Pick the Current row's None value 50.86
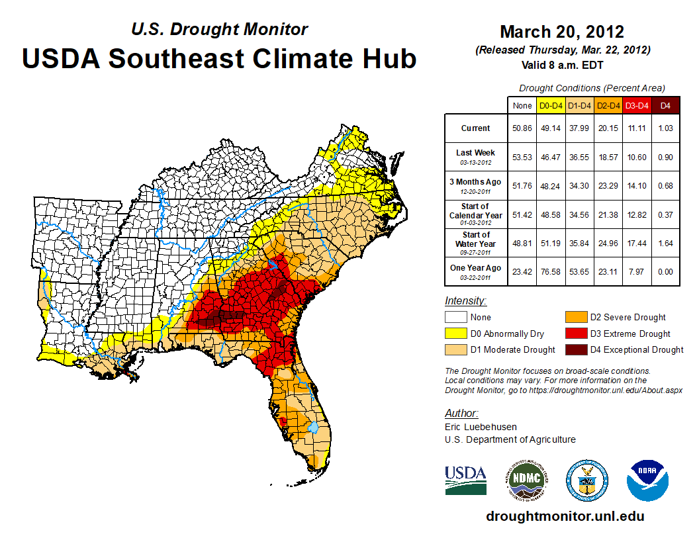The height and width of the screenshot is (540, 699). coord(522,128)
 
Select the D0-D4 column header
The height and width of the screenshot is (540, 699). coord(551,105)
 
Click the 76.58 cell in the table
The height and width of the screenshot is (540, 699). coord(551,272)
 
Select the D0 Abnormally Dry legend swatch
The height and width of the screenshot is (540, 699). coord(456,334)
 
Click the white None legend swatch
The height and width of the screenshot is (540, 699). coord(456,318)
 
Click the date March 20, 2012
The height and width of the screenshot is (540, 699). coord(562,32)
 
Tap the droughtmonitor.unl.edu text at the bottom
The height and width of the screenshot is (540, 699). coord(565,516)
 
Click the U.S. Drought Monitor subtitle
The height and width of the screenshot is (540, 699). coord(219,30)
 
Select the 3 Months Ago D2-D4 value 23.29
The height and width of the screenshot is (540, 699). coord(608,186)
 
